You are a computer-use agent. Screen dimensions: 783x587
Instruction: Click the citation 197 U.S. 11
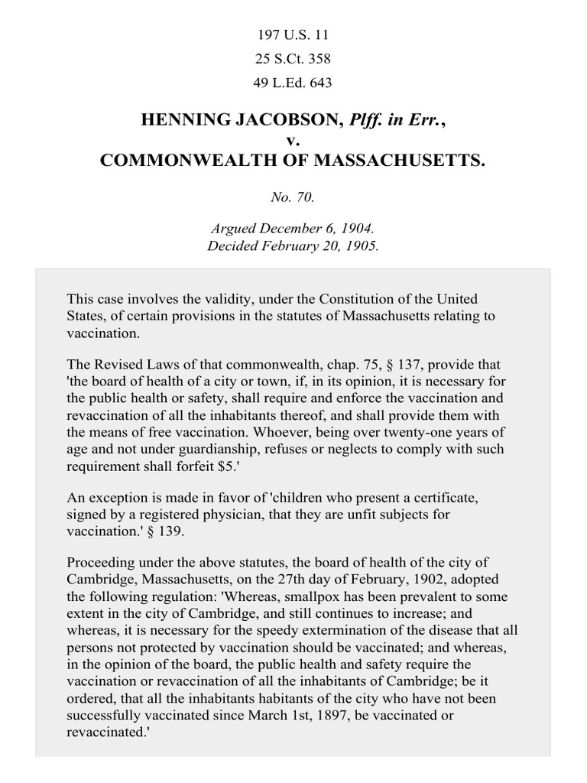click(x=293, y=34)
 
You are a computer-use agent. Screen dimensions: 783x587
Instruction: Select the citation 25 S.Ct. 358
click(x=293, y=58)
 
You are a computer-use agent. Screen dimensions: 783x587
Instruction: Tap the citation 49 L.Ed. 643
click(x=293, y=82)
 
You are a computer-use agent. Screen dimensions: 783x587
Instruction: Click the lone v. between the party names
click(x=293, y=141)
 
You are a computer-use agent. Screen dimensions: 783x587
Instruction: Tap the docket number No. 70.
click(x=293, y=197)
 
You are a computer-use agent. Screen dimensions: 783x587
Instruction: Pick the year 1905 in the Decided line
click(x=362, y=248)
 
